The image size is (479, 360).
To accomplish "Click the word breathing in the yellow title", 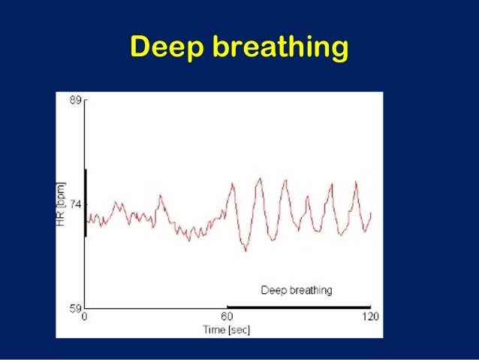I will [x=281, y=48].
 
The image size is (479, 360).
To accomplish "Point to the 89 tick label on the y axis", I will [x=76, y=99].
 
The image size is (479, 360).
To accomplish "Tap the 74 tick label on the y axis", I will [x=76, y=204].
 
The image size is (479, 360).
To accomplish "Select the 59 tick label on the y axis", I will [x=76, y=308].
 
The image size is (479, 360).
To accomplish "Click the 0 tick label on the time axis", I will [x=85, y=317].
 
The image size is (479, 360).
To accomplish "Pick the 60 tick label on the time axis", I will [x=227, y=317].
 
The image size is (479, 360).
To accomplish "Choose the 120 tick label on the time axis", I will [x=370, y=317].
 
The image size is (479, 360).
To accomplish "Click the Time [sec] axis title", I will [x=226, y=329].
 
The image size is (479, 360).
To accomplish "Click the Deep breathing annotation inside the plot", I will [x=297, y=289].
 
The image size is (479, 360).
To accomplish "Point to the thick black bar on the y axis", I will [x=86, y=203].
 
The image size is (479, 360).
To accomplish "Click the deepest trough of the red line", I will [x=245, y=251].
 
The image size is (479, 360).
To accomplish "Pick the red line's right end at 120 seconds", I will [x=372, y=213].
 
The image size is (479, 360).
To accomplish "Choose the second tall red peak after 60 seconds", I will [x=260, y=178].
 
